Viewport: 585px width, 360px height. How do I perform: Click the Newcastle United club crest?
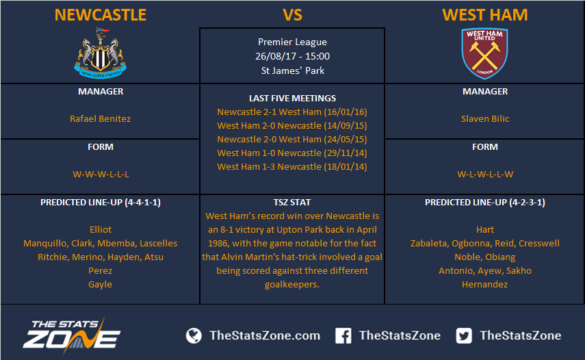coord(101,53)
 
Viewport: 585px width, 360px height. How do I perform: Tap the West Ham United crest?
coord(484,53)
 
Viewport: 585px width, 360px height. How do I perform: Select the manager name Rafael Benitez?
coord(101,118)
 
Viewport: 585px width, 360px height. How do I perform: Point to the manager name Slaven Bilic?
coord(485,118)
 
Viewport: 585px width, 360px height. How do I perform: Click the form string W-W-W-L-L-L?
coord(101,175)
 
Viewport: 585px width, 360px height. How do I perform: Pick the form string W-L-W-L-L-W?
coord(485,175)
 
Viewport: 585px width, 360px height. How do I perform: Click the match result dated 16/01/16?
coord(292,112)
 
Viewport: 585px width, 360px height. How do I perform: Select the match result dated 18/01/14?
coord(292,167)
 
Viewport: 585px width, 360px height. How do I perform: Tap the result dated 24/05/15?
coord(292,139)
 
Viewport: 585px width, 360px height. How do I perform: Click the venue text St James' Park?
coord(293,70)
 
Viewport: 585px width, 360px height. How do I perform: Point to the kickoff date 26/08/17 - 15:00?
coord(293,56)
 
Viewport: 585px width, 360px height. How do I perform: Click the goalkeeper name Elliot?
coord(101,229)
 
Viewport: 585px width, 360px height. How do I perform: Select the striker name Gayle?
coord(101,284)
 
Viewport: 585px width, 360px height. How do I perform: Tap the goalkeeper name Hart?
coord(485,229)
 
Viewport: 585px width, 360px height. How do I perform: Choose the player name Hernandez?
coord(484,284)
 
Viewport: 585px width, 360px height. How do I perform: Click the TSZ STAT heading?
coord(292,202)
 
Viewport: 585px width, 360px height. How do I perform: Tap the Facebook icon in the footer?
coord(343,336)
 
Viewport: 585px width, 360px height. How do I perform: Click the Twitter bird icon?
coord(464,336)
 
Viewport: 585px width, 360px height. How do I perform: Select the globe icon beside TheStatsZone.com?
coord(194,336)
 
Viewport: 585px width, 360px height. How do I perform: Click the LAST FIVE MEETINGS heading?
coord(293,98)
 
